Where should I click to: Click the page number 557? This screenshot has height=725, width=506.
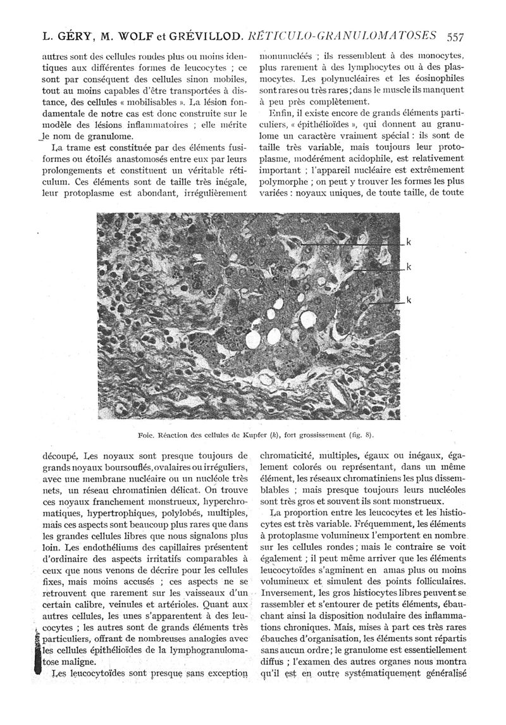[x=455, y=36]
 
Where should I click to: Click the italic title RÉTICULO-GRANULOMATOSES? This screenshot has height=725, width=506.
[x=342, y=36]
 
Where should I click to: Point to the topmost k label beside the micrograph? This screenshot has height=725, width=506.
[x=409, y=242]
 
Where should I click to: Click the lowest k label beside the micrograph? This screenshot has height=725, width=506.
[x=409, y=300]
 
